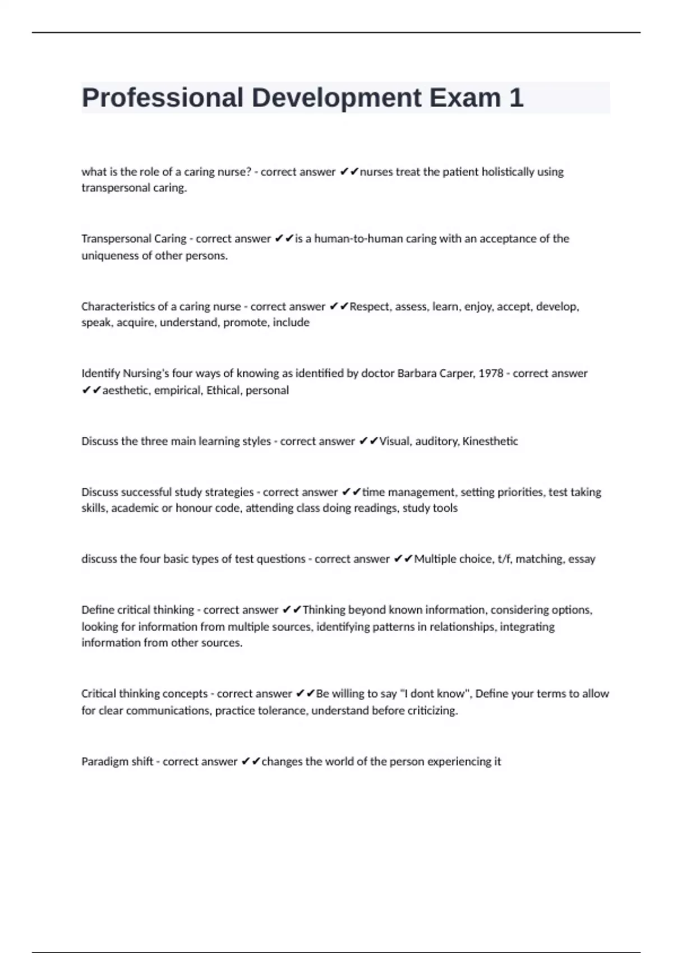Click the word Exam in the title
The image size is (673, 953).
(465, 98)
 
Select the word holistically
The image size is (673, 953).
(508, 172)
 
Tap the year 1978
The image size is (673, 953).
(490, 373)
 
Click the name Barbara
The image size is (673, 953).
(418, 373)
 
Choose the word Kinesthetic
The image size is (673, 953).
(490, 441)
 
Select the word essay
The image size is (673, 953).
(582, 559)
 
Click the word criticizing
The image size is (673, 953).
(429, 711)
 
